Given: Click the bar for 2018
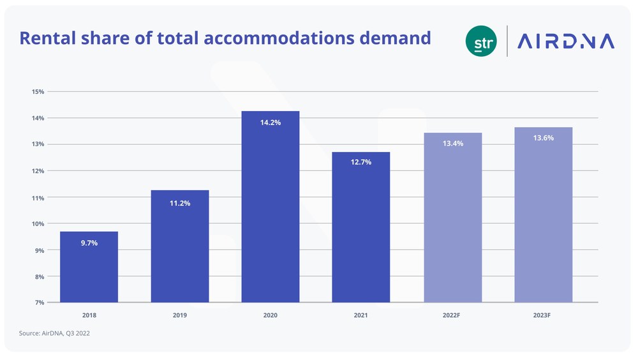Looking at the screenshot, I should point(89,267).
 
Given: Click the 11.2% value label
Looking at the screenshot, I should point(179,203).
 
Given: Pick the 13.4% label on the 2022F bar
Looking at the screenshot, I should point(452,144).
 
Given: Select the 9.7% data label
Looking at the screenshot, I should point(89,244).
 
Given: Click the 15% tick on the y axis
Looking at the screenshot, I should point(37,91).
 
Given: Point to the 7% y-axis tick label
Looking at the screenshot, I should point(38,303).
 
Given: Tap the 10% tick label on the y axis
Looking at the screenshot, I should point(37,223).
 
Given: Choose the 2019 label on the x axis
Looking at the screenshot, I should point(179,315).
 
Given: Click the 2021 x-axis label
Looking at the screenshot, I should point(360,315).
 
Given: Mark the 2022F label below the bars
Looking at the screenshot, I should point(452,315).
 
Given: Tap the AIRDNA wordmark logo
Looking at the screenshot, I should point(565,41).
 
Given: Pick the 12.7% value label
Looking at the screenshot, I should point(360,162).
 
